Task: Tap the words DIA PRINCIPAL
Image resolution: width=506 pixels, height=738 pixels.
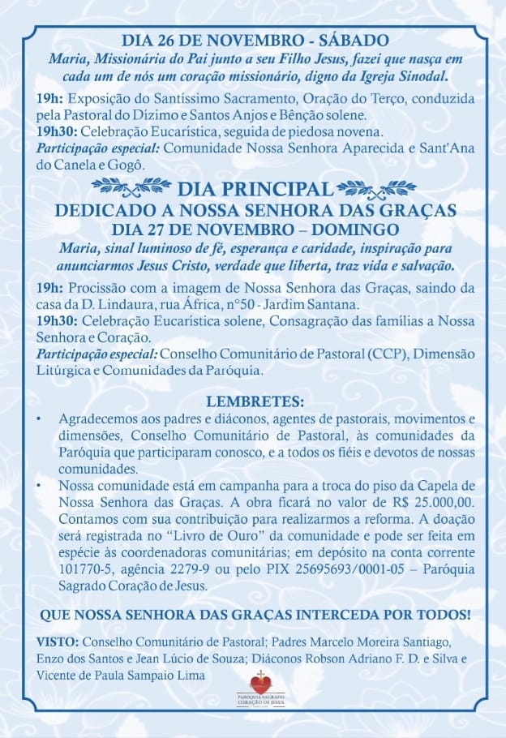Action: [x=255, y=190]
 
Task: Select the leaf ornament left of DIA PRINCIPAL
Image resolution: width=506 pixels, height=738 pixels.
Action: [x=131, y=187]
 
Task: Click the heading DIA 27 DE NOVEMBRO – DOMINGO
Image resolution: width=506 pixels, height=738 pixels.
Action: [x=255, y=228]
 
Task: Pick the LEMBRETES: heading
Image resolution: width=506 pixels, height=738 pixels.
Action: [x=255, y=401]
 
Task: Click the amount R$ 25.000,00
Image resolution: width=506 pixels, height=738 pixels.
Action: [x=439, y=503]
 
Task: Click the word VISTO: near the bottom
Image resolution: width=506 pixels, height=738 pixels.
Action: [x=58, y=641]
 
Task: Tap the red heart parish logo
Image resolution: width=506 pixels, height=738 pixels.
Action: [x=259, y=684]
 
